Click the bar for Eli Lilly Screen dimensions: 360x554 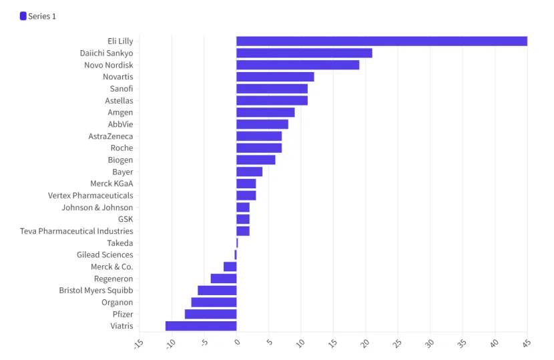coord(381,41)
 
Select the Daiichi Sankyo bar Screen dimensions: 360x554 coord(304,53)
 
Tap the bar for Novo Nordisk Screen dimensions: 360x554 coord(298,65)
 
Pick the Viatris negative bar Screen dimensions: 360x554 coord(201,326)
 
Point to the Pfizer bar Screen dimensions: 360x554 coord(210,314)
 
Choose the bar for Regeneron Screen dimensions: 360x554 coord(224,279)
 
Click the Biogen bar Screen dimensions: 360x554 coord(256,160)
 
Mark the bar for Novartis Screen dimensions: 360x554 coord(275,77)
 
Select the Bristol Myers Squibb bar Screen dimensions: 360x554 coord(217,291)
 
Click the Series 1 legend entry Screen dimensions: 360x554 coord(38,16)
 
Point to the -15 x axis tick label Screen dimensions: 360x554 coord(138,343)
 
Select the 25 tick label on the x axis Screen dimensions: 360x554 coord(396,343)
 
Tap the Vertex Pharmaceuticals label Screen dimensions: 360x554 coord(90,196)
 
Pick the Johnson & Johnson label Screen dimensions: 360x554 coord(97,208)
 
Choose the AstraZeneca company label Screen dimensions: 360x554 coord(111,136)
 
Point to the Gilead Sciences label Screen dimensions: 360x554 coord(105,254)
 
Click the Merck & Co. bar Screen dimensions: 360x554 coord(230,266)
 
